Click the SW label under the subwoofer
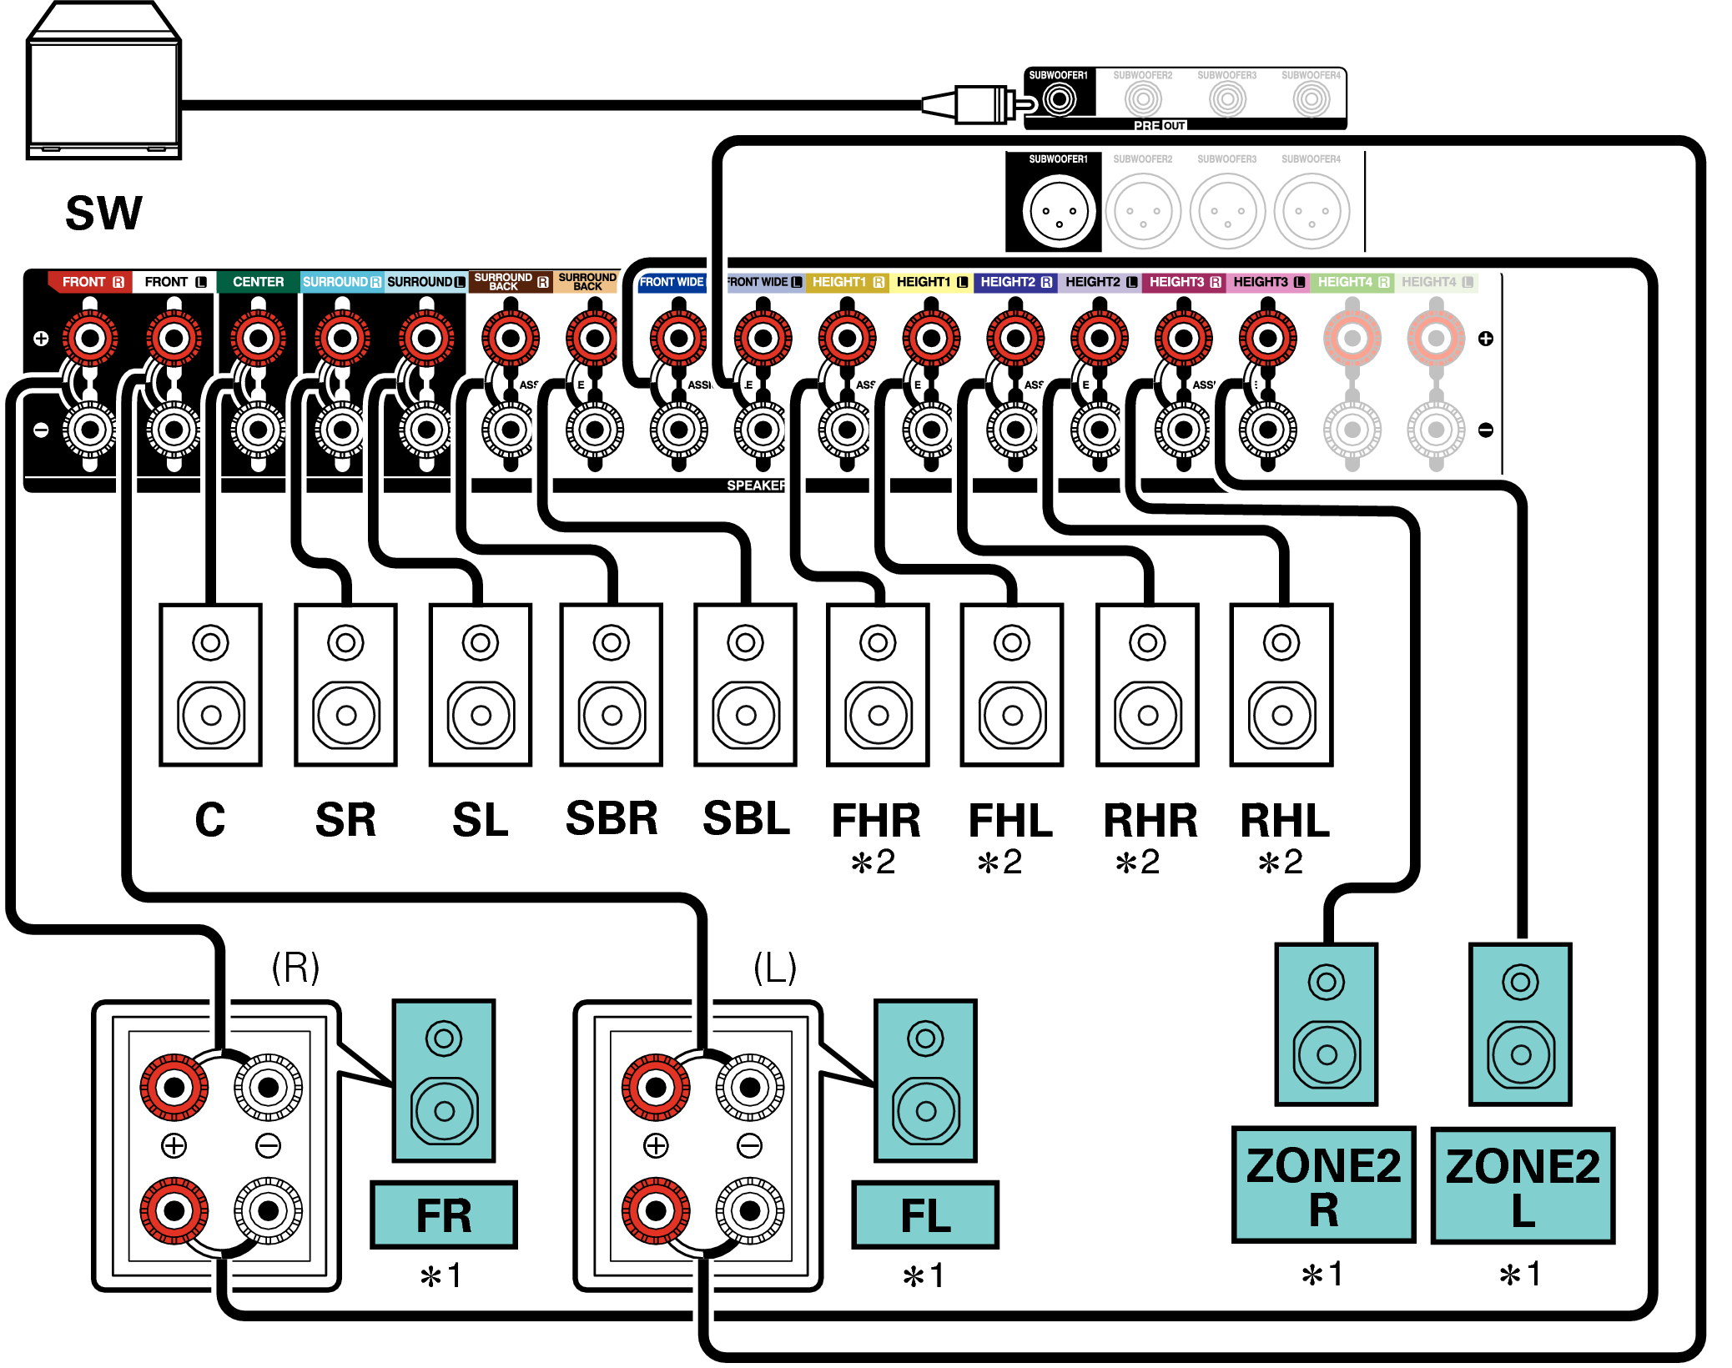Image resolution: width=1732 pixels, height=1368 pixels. tap(103, 214)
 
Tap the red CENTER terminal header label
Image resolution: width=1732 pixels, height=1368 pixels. tap(258, 282)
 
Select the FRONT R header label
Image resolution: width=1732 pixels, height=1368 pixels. tap(92, 282)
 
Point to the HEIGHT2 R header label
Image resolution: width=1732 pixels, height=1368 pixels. tap(1015, 282)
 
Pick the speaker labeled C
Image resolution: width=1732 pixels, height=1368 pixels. tap(210, 684)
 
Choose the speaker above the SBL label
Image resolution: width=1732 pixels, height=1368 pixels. tap(745, 684)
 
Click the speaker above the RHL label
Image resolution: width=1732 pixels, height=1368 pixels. tap(1281, 684)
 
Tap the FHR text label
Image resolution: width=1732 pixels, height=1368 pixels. tap(876, 821)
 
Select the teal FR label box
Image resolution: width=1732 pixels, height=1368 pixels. tap(444, 1215)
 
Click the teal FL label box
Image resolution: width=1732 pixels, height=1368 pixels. tap(925, 1215)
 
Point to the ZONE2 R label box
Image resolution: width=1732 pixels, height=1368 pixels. tap(1323, 1184)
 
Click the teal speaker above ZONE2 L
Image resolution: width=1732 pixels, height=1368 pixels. tap(1520, 1024)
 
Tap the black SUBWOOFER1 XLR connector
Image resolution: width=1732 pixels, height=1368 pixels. tap(1058, 212)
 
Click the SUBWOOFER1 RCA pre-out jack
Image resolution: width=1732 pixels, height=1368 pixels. tap(1059, 100)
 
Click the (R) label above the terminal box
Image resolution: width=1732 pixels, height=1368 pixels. tap(295, 968)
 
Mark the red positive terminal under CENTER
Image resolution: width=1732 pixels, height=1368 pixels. tap(258, 339)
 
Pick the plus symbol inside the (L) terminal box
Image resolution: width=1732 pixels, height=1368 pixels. tap(657, 1146)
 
